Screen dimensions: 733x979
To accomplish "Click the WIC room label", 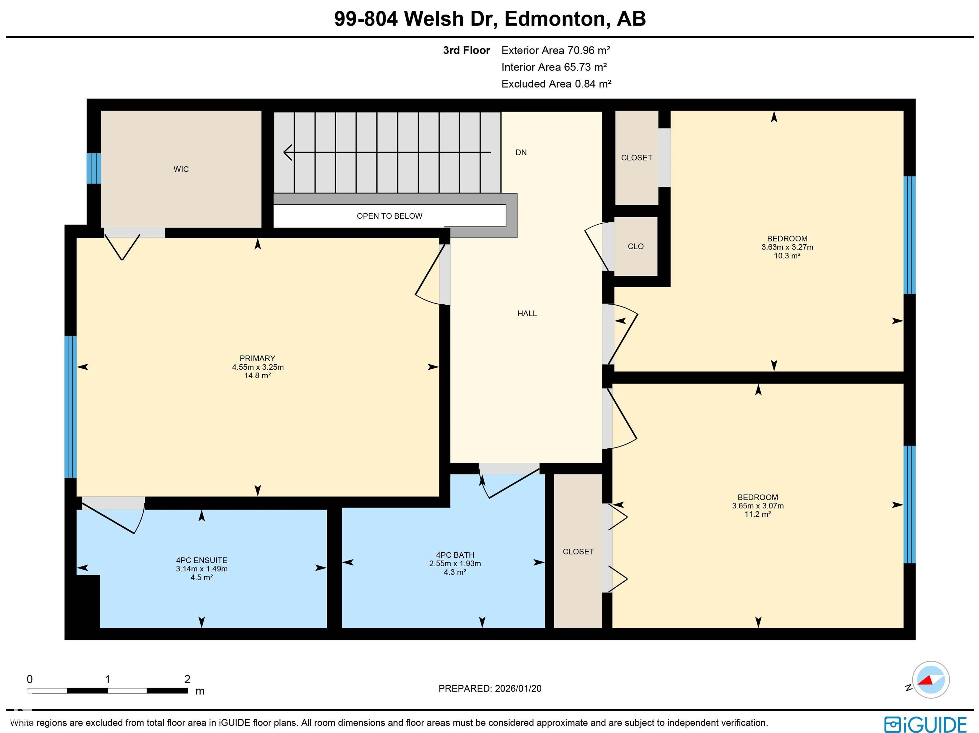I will point(181,169).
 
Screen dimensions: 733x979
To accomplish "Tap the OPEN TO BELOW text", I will point(389,216).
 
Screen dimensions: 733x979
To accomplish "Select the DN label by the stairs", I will point(521,152).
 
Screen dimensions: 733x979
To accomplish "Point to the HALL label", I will point(527,313).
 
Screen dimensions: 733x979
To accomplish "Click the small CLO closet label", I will point(635,247).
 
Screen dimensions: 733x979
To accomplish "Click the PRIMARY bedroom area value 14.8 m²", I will point(257,376).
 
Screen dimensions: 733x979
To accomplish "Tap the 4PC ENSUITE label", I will point(201,560).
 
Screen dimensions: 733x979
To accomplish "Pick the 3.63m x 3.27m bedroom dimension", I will point(787,247).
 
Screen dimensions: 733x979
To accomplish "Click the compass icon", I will point(930,680).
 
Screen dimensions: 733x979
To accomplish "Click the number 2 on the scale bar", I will point(187,679).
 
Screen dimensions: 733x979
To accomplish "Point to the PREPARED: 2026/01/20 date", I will point(489,688).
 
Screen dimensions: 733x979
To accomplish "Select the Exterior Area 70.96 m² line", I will point(555,50).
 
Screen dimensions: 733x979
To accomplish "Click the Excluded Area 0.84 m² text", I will point(556,83).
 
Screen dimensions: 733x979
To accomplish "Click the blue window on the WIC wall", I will point(93,168).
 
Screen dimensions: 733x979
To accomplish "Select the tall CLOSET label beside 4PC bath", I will point(578,552).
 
